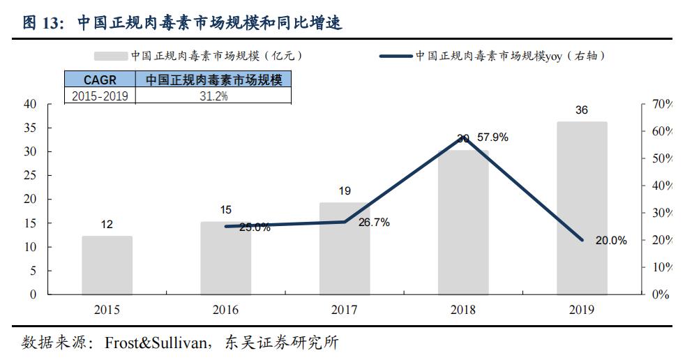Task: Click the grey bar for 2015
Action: point(107,265)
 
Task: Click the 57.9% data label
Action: point(492,137)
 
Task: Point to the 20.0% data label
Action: point(611,241)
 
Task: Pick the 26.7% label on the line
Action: point(374,223)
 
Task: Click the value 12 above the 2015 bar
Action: point(107,225)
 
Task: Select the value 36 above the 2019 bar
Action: point(582,110)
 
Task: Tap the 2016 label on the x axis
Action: point(226,310)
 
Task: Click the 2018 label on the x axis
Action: point(463,310)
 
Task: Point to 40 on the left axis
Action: point(30,105)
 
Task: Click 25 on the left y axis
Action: point(30,176)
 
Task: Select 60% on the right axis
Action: point(660,132)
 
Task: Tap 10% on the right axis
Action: point(660,267)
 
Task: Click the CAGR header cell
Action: point(100,80)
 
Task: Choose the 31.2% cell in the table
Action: point(213,96)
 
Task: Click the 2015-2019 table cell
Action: point(100,96)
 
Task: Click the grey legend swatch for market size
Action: point(110,56)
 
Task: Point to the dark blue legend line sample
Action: point(396,56)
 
